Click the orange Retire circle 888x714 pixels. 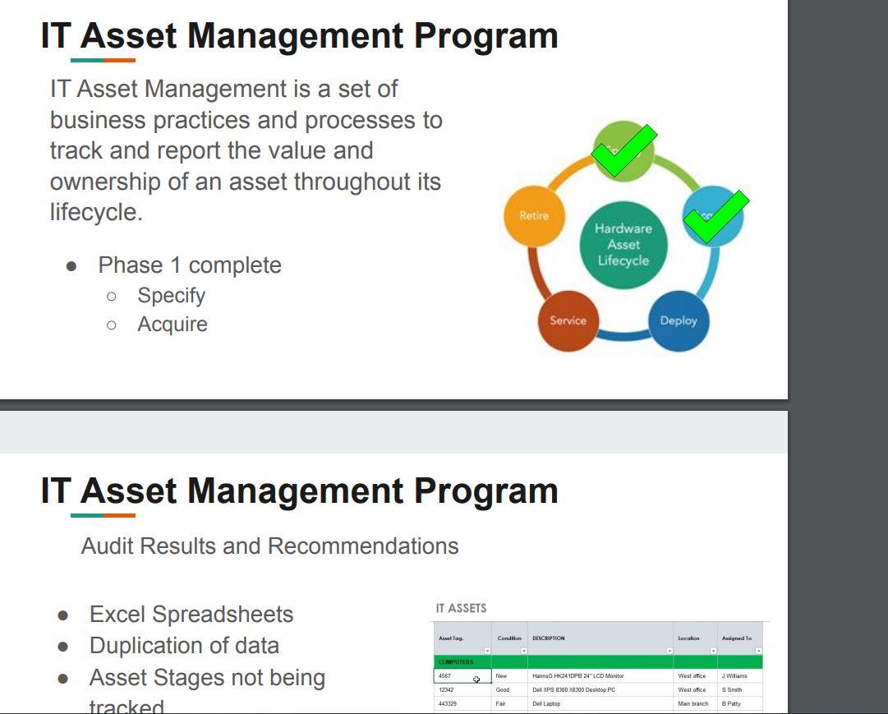pos(533,215)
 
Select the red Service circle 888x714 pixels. pos(568,320)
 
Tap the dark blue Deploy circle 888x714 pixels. pos(679,320)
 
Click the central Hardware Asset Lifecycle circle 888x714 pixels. pos(623,245)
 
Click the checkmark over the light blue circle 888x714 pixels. pos(715,217)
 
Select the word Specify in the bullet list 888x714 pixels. pos(171,296)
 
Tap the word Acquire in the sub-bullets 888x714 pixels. pos(173,325)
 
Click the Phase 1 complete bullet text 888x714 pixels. pos(190,265)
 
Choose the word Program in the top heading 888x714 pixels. pos(485,35)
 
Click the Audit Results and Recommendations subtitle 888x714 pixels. pos(269,546)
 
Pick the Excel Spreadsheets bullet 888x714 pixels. pos(191,615)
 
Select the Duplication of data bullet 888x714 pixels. pos(184,646)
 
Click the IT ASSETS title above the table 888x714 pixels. pos(461,609)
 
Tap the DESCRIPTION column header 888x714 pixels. pos(548,638)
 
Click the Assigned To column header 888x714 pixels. pos(736,638)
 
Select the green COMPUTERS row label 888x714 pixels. pos(456,662)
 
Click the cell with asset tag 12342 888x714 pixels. pos(446,690)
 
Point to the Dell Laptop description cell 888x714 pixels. pos(546,704)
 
